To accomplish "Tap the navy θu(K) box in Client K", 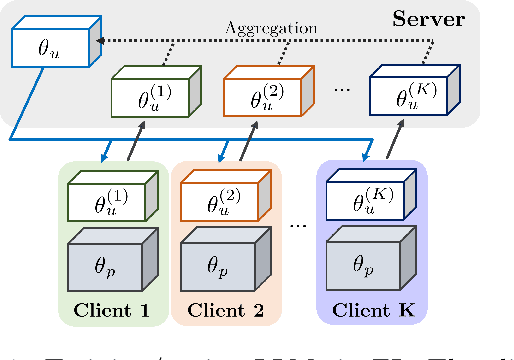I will click(366, 202).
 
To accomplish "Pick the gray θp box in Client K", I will click(366, 265).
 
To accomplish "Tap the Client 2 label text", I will click(226, 310).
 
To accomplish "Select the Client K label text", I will click(372, 310).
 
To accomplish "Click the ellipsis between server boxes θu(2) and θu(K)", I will click(342, 90).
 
